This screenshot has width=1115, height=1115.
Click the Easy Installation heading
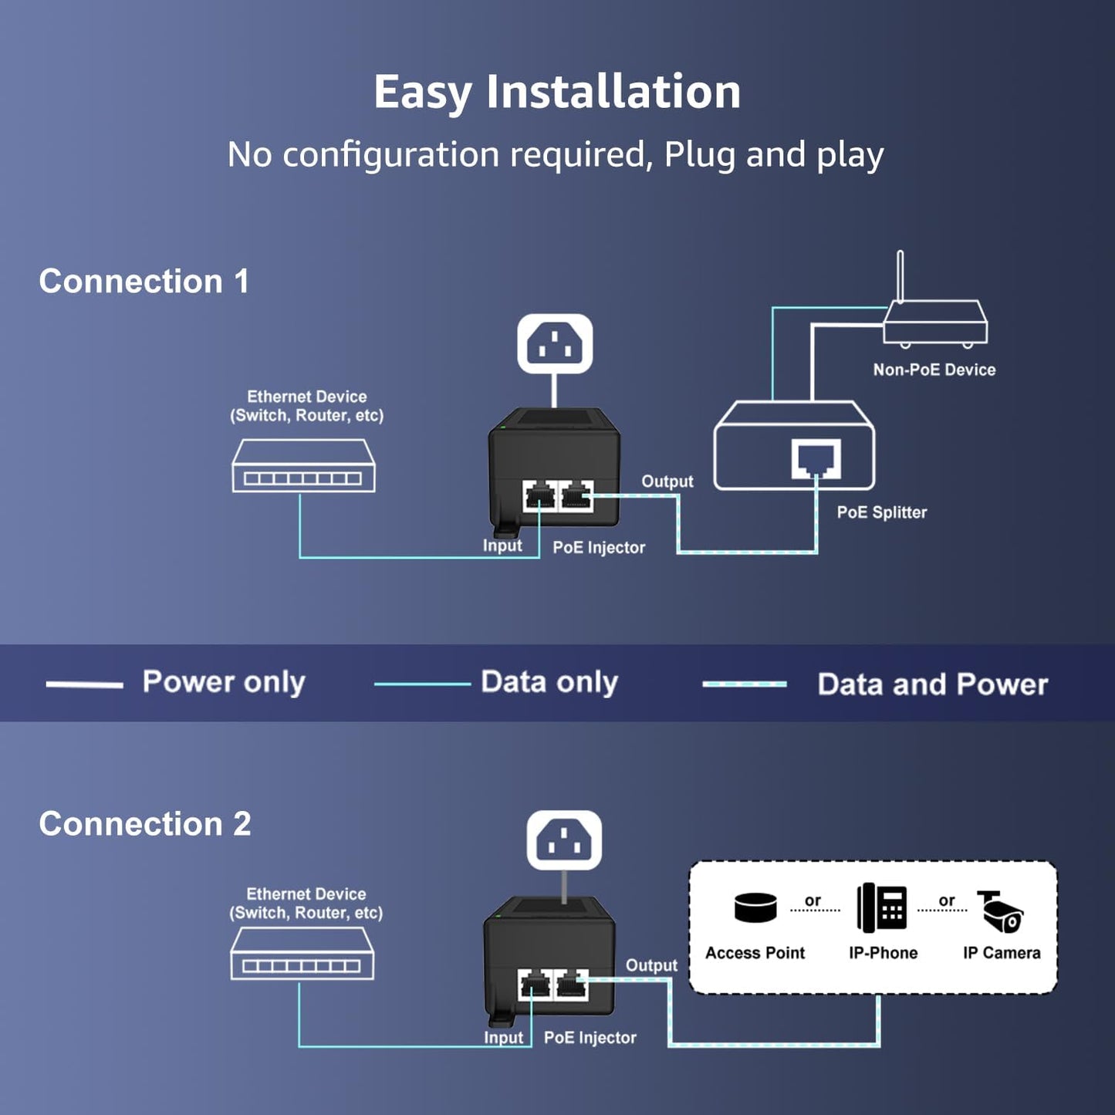tap(557, 92)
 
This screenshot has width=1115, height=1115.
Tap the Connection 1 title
tap(144, 282)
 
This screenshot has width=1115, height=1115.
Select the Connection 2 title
tap(145, 824)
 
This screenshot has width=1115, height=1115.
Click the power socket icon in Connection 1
tap(555, 344)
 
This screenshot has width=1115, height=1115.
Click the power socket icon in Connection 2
tap(564, 840)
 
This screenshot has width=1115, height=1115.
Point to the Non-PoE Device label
tap(934, 370)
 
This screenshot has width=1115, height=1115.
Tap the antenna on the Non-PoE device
tap(900, 275)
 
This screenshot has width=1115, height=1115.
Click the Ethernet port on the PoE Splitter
tap(816, 458)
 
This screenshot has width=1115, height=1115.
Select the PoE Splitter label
tap(881, 512)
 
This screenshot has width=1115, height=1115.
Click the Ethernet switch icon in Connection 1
tap(304, 466)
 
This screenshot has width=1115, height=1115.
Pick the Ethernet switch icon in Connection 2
tap(302, 954)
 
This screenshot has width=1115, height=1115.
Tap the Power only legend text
tap(224, 682)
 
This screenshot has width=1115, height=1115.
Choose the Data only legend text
tap(549, 682)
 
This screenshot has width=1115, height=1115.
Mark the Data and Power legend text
tap(932, 684)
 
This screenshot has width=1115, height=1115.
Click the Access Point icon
tap(755, 908)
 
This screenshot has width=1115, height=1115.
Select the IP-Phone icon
tap(882, 907)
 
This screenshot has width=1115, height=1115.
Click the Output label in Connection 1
tap(667, 481)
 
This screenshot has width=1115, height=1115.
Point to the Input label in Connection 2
tap(503, 1038)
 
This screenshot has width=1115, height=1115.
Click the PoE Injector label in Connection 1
tap(599, 548)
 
